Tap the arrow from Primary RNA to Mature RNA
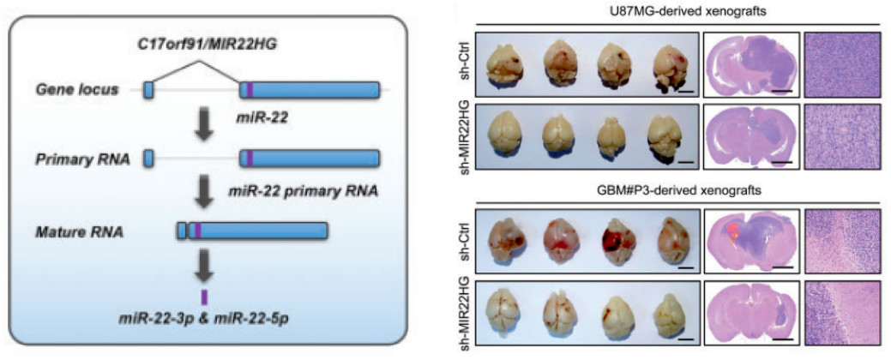click(x=204, y=195)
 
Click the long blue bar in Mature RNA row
click(x=258, y=230)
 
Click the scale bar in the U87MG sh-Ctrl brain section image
click(x=782, y=89)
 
